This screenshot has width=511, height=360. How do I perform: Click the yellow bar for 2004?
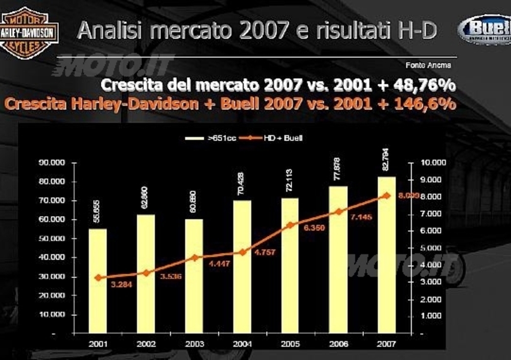242,266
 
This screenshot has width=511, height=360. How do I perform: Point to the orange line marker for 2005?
290,224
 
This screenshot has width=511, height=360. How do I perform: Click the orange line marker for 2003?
194,257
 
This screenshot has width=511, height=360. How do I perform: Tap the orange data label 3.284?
122,284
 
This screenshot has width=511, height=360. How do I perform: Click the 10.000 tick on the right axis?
433,163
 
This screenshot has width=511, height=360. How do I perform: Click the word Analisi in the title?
105,31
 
